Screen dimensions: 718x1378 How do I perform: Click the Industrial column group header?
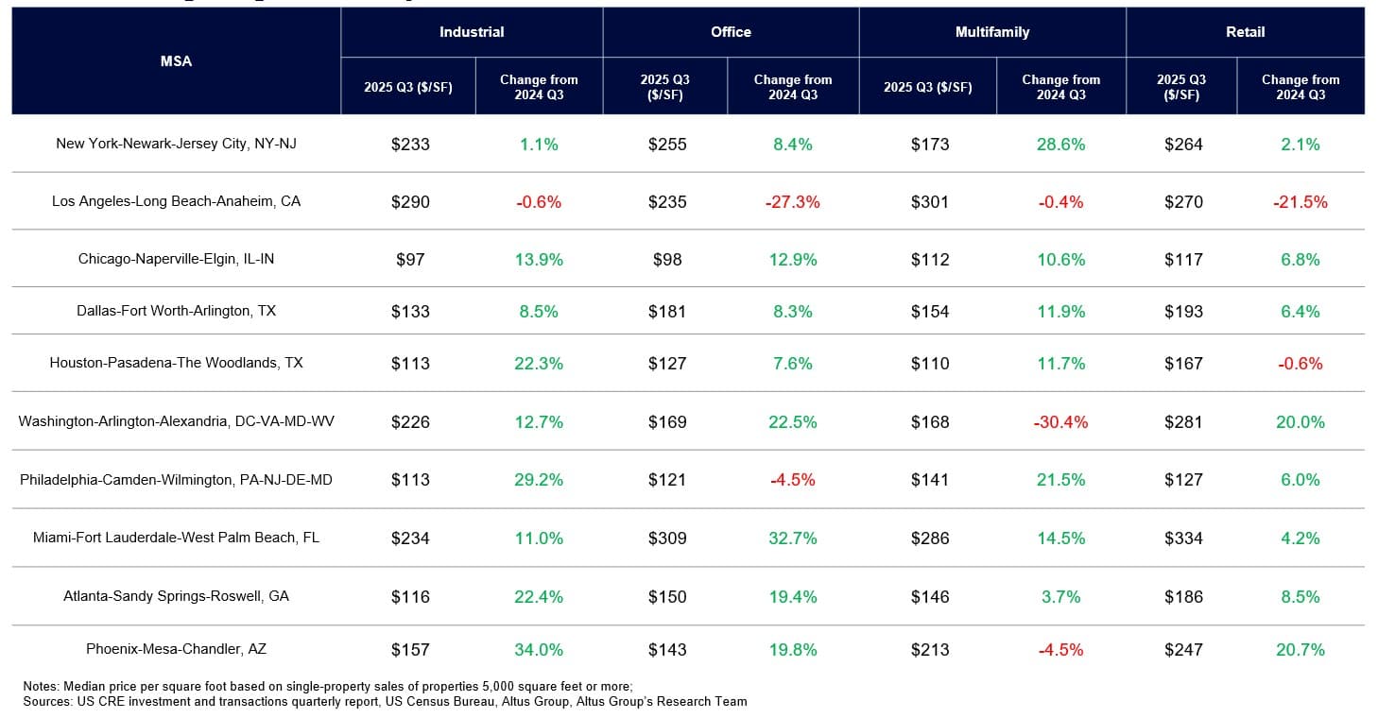click(472, 32)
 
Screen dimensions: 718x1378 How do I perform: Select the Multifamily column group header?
click(992, 32)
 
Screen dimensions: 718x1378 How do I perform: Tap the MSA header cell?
click(176, 61)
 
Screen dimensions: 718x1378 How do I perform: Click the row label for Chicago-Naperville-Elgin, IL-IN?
click(176, 259)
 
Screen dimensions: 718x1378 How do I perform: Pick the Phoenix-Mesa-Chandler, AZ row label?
click(176, 649)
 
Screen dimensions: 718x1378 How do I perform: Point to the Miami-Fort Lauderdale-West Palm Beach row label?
click(176, 538)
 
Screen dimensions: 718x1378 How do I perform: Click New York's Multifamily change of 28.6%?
click(1060, 145)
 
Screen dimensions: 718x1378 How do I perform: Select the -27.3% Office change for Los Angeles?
click(792, 202)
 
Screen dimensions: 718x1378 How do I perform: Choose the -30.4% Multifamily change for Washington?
click(1060, 422)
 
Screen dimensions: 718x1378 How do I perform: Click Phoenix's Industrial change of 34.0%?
click(539, 650)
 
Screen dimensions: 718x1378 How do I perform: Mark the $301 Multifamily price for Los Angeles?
click(930, 202)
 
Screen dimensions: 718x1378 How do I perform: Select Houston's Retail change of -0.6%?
click(1300, 364)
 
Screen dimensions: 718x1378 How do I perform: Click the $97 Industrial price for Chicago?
click(410, 260)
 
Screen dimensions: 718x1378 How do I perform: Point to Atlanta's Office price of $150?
click(666, 597)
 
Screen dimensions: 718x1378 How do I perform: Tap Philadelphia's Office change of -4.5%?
click(792, 480)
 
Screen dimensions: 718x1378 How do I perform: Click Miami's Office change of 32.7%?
click(792, 538)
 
